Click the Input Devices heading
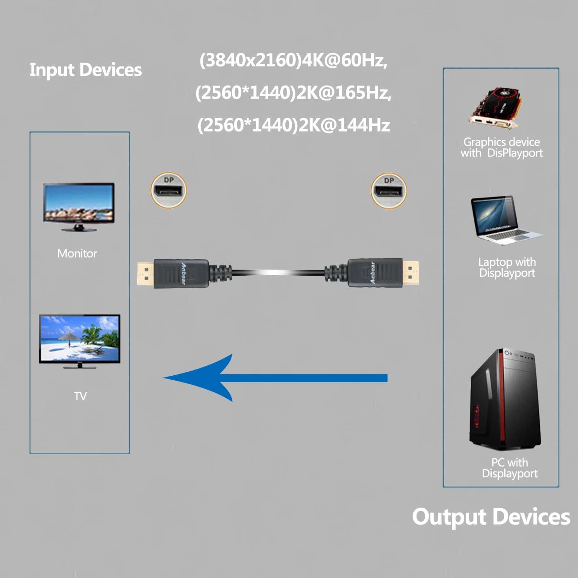(x=86, y=70)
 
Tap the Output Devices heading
(x=491, y=517)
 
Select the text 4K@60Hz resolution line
(x=293, y=60)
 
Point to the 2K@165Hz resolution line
(x=293, y=92)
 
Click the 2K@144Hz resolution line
(x=293, y=125)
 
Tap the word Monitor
(x=77, y=254)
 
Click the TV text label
(x=80, y=396)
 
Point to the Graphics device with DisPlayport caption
(x=501, y=147)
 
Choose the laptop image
(x=504, y=220)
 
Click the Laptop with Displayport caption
(x=507, y=267)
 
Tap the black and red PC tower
(x=505, y=399)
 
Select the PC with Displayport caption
(x=510, y=468)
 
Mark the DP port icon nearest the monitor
(x=169, y=190)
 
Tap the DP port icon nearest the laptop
(x=389, y=190)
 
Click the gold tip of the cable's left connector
(x=145, y=274)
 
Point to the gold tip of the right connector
(x=411, y=273)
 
